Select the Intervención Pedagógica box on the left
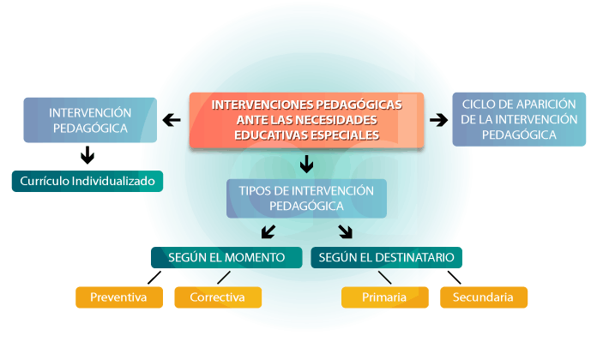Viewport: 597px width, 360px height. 90,120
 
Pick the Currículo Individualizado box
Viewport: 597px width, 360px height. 87,182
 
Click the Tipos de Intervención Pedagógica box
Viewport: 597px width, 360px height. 306,198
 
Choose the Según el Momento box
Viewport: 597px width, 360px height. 226,257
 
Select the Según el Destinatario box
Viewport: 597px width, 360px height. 386,257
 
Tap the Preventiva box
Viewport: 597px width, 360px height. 118,297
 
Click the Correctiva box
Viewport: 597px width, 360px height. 217,297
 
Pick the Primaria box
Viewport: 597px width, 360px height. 384,297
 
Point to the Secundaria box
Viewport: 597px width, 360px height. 483,297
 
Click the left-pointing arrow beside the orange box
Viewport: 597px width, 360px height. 172,120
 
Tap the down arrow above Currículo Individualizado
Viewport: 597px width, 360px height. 87,155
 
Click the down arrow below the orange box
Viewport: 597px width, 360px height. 306,164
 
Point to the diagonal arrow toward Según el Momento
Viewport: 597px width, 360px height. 268,231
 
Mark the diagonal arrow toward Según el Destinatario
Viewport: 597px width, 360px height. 346,231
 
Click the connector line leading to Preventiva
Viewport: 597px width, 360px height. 154,278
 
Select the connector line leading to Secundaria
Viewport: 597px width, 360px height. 454,278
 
